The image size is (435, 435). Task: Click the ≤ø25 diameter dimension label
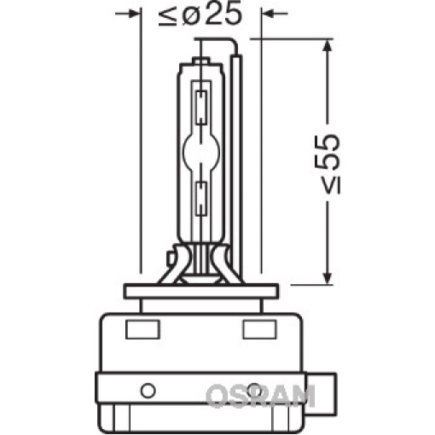coord(200,14)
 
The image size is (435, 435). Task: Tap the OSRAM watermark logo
coord(260,396)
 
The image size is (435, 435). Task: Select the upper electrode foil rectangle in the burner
coord(200,107)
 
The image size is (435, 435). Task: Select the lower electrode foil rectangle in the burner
coord(201,198)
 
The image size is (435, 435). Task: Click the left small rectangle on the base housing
coord(142,329)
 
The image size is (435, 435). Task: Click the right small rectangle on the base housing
coord(259,329)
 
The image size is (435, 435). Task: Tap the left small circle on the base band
coord(148,390)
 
